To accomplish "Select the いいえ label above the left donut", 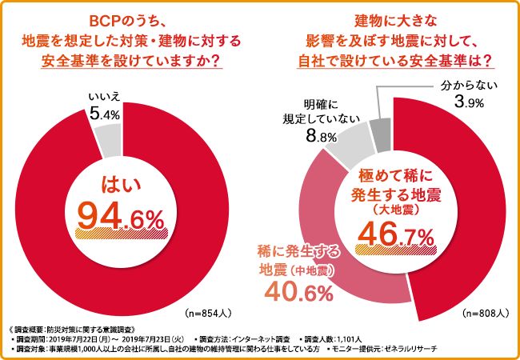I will pos(104,97).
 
